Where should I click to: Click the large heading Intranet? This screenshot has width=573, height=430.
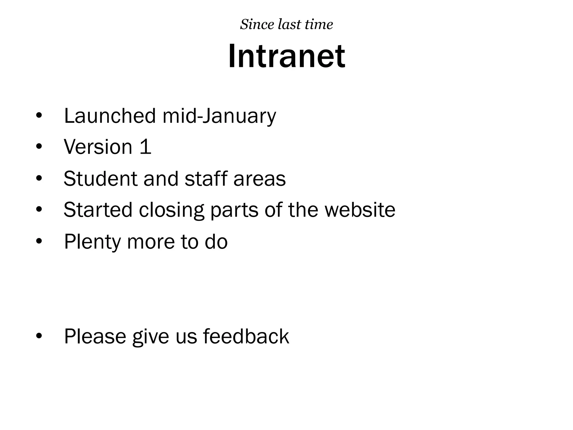click(x=286, y=57)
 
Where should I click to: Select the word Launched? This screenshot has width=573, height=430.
click(x=110, y=116)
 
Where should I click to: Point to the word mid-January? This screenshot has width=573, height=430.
click(x=219, y=116)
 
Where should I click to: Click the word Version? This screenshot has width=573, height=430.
click(x=98, y=147)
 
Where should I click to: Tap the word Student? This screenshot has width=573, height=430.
click(x=100, y=178)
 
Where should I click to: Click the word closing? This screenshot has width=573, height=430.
click(x=171, y=210)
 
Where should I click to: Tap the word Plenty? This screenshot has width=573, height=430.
click(x=92, y=242)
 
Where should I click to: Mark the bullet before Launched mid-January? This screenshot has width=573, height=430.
click(x=39, y=116)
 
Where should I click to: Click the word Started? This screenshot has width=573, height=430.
click(x=98, y=210)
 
